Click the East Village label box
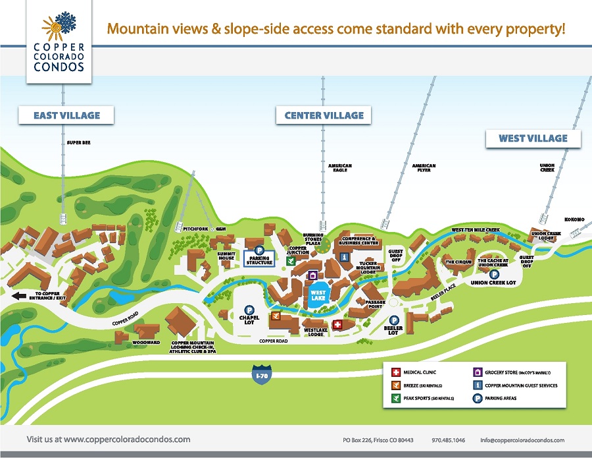coord(66,115)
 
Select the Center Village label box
coord(324,115)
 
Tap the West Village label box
coord(533,138)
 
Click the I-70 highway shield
coord(261,374)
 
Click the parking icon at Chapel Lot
coord(250,310)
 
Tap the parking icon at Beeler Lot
coord(394,321)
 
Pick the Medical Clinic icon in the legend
coord(396,372)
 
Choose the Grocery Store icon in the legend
coord(478,372)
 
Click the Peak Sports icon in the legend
coord(396,398)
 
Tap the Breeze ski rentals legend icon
coord(396,385)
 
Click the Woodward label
coord(146,343)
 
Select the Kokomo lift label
coord(574,219)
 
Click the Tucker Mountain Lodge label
coord(372,266)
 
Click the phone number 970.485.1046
coord(449,440)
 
